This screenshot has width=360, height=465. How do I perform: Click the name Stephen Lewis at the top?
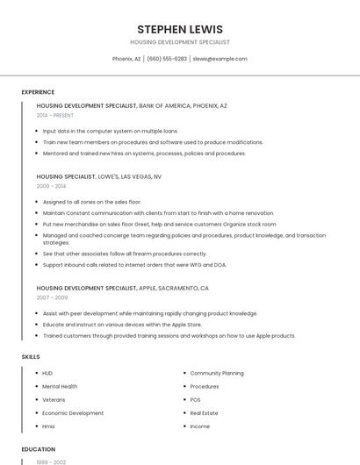[x=180, y=29]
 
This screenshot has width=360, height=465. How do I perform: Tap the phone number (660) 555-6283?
[x=167, y=59]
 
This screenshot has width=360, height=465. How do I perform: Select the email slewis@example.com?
[x=220, y=59]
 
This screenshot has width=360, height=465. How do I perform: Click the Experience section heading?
[x=38, y=92]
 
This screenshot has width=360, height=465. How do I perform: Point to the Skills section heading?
[x=30, y=357]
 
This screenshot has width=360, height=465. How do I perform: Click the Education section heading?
[x=38, y=449]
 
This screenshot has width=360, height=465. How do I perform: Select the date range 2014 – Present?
[x=56, y=116]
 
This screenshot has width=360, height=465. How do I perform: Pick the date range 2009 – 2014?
[x=51, y=186]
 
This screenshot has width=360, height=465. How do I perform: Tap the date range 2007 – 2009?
[x=52, y=297]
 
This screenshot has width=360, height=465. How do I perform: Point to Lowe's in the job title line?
[x=110, y=175]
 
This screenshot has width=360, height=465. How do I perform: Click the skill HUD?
[x=47, y=373]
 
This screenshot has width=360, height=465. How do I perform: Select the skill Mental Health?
[x=60, y=386]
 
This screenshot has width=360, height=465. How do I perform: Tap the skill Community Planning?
[x=217, y=373]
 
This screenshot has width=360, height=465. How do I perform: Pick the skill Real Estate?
[x=204, y=412]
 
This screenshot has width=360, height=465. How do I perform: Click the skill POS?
[x=196, y=399]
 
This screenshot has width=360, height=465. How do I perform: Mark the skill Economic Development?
[x=73, y=412]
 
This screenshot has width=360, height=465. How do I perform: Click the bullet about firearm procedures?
[x=125, y=254]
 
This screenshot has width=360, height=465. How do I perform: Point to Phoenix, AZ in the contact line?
[x=126, y=59]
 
